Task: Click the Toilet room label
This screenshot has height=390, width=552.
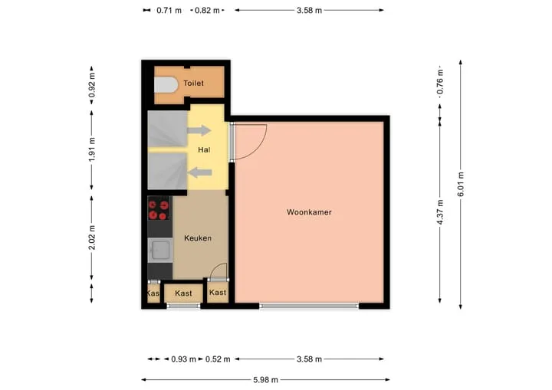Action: pyautogui.click(x=193, y=84)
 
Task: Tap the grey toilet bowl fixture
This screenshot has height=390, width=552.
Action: pyautogui.click(x=166, y=85)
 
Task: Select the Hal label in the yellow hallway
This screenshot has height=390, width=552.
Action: pyautogui.click(x=204, y=150)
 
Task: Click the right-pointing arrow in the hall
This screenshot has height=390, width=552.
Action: pyautogui.click(x=199, y=130)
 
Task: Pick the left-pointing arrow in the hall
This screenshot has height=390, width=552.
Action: pyautogui.click(x=199, y=172)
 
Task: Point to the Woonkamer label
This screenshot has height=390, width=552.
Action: pyautogui.click(x=309, y=212)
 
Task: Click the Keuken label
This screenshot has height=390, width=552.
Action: pyautogui.click(x=198, y=238)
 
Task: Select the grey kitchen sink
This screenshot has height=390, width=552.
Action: pyautogui.click(x=160, y=251)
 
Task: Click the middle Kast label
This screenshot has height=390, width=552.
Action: pyautogui.click(x=183, y=293)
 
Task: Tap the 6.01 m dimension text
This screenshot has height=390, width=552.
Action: pyautogui.click(x=461, y=185)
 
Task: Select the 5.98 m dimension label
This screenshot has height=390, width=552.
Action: pyautogui.click(x=265, y=380)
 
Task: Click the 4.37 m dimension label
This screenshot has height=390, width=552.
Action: pyautogui.click(x=440, y=212)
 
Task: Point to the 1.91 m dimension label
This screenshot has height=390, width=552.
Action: pyautogui.click(x=92, y=149)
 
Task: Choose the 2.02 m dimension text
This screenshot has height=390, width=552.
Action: pyautogui.click(x=92, y=238)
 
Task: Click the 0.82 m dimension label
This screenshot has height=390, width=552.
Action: pyautogui.click(x=207, y=11)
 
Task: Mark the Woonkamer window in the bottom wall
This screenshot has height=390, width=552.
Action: pyautogui.click(x=309, y=306)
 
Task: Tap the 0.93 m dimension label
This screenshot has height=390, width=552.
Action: pyautogui.click(x=183, y=359)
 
